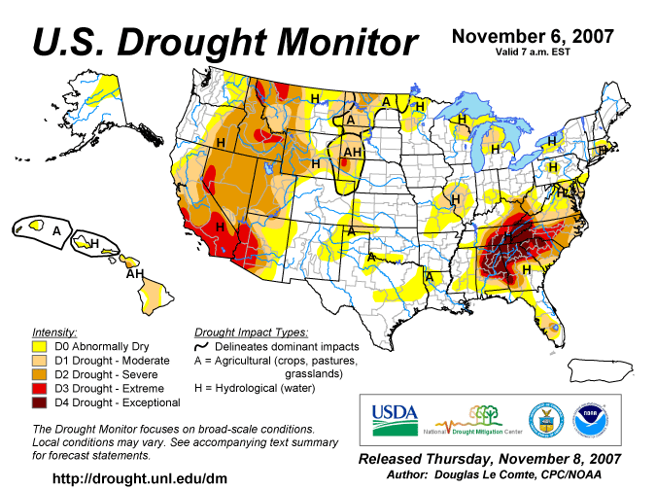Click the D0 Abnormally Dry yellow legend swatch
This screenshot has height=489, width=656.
pos(39,347)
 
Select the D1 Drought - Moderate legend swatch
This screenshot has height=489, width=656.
pos(39,361)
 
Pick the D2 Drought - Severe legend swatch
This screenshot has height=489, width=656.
pos(39,374)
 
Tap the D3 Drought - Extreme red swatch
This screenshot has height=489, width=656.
pos(39,389)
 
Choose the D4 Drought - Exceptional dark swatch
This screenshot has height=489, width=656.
pos(39,402)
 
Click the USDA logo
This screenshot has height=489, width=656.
pos(395,420)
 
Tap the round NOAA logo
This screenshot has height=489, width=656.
pos(591,421)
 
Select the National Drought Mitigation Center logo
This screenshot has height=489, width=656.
pos(473,420)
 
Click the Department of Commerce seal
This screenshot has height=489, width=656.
pos(546,421)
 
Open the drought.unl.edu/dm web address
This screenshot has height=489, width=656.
pos(140,478)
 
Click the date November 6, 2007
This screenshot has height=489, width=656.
pos(533,36)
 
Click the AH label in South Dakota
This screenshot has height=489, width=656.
pos(352,152)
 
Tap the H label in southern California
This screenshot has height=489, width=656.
pos(220,227)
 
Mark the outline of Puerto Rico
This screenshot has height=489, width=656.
pos(601,370)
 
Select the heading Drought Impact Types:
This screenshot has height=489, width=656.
pos(251,332)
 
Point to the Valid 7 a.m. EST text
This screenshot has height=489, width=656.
pos(533,52)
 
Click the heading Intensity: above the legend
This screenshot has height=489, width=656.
pos(54,332)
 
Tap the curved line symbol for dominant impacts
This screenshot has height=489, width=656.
pos(201,347)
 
